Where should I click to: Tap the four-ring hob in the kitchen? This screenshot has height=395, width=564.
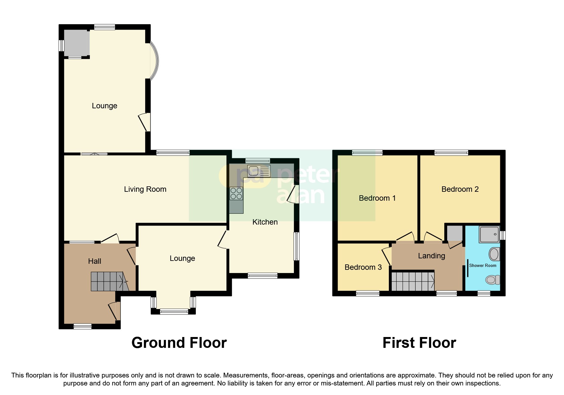pos(236,193)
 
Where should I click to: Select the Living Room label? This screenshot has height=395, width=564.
pos(145,189)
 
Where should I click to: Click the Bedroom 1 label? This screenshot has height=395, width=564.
pos(377,198)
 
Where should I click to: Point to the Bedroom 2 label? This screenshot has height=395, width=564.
pos(460,189)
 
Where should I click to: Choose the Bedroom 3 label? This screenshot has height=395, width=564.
pos(363,267)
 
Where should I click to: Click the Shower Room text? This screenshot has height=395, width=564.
pos(482,265)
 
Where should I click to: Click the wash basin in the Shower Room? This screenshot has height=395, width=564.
pos(494,254)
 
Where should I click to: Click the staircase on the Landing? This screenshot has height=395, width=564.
pos(413,281)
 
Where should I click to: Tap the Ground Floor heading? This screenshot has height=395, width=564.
pos(179,343)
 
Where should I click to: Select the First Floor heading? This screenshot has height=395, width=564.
pos(419,343)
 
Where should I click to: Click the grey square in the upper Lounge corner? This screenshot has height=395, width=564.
pos(76,43)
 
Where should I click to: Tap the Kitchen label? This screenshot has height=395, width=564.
pos(265,222)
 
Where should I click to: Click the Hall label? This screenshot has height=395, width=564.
pos(95,261)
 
